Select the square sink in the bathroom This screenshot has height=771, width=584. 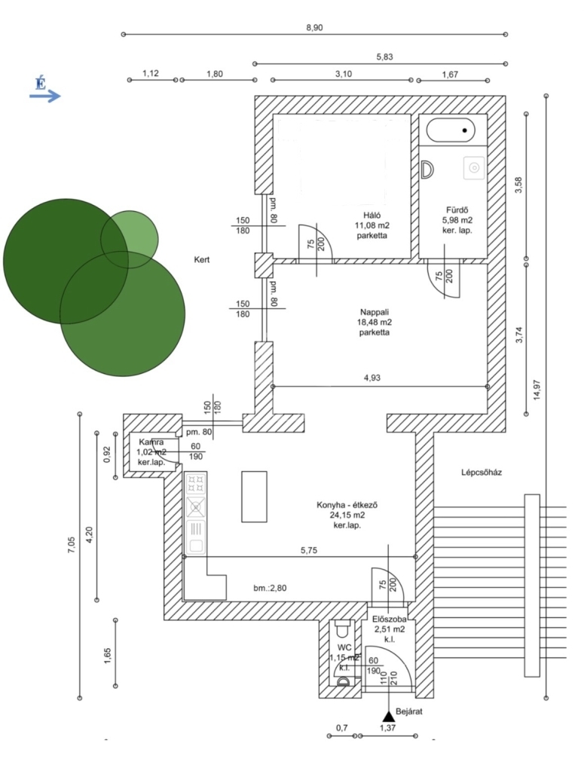[x=474, y=167]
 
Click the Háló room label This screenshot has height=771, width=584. [x=371, y=213]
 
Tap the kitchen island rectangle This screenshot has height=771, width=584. [x=254, y=496]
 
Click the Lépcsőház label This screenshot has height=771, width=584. [x=482, y=473]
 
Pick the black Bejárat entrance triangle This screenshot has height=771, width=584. [x=387, y=715]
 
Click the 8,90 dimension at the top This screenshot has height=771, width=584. [x=314, y=27]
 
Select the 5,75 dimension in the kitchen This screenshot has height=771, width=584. [x=308, y=550]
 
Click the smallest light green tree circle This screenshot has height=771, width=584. [x=130, y=239]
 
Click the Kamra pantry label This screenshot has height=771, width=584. [x=151, y=442]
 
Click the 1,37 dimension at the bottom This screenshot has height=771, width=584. [x=386, y=728]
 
